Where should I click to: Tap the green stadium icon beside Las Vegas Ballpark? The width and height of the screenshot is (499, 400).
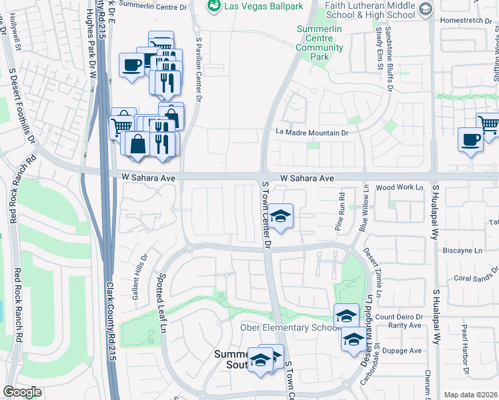pyautogui.click(x=214, y=7)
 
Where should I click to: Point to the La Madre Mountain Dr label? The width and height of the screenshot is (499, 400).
pyautogui.click(x=312, y=133)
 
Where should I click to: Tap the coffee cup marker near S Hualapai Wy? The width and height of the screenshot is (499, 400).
pyautogui.click(x=470, y=140)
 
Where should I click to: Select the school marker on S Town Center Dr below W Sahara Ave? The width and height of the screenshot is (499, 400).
pyautogui.click(x=281, y=217)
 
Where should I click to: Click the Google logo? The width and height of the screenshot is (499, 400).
pyautogui.click(x=22, y=392)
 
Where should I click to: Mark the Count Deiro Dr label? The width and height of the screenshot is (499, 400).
pyautogui.click(x=400, y=317)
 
